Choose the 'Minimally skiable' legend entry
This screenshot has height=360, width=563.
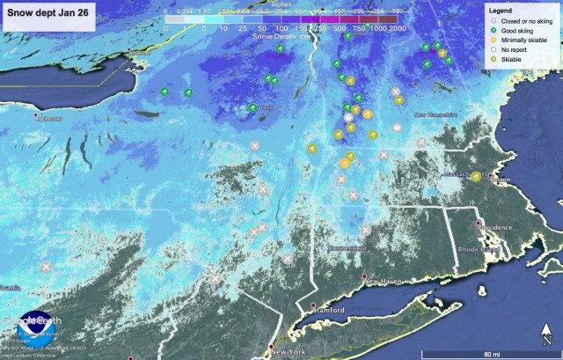pos(520,40)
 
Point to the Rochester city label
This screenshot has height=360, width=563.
pos(50,119)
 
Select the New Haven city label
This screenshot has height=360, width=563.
pos(384,281)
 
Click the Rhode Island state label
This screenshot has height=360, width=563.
pos(479,249)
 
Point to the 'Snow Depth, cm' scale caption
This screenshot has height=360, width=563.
pos(279,38)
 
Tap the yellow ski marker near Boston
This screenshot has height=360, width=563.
pos(476,176)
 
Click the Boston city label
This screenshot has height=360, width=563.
pos(501,180)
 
